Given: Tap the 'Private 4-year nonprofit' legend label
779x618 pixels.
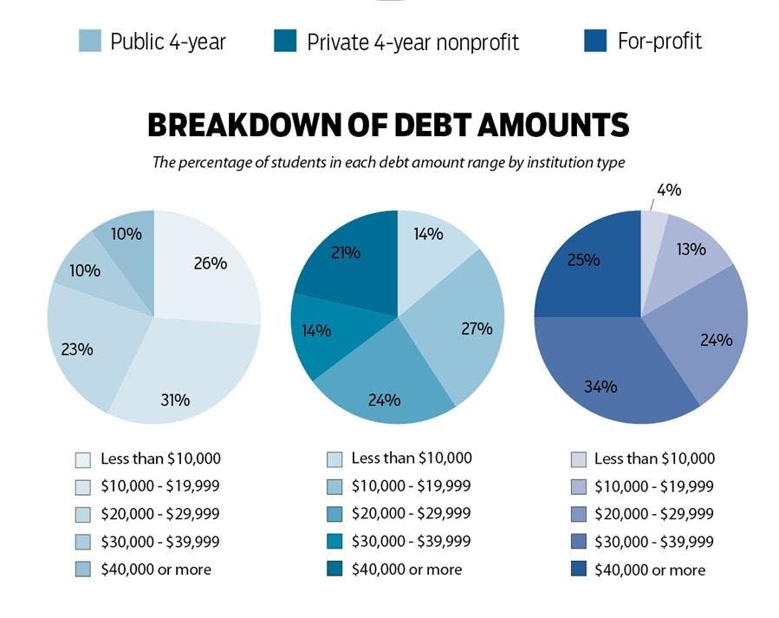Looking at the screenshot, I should [412, 42].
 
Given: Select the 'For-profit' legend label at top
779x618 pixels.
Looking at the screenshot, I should [659, 41].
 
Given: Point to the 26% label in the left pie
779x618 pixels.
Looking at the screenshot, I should [210, 263].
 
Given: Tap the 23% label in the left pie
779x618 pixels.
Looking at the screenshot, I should [77, 349].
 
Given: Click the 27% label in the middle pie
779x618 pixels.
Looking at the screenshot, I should [476, 329].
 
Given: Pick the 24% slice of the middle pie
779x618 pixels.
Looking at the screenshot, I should [384, 390].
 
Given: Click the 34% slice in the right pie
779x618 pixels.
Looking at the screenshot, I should [607, 373].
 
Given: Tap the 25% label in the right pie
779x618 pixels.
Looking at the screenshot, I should [582, 259].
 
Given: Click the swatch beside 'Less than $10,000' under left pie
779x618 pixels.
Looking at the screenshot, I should [83, 459].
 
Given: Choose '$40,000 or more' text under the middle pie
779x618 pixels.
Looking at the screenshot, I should [406, 569].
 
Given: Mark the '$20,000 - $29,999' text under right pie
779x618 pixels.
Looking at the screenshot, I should [654, 514].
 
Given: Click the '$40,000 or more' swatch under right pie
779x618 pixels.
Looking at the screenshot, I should [579, 569].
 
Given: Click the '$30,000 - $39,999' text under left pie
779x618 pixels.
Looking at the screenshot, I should [160, 542].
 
